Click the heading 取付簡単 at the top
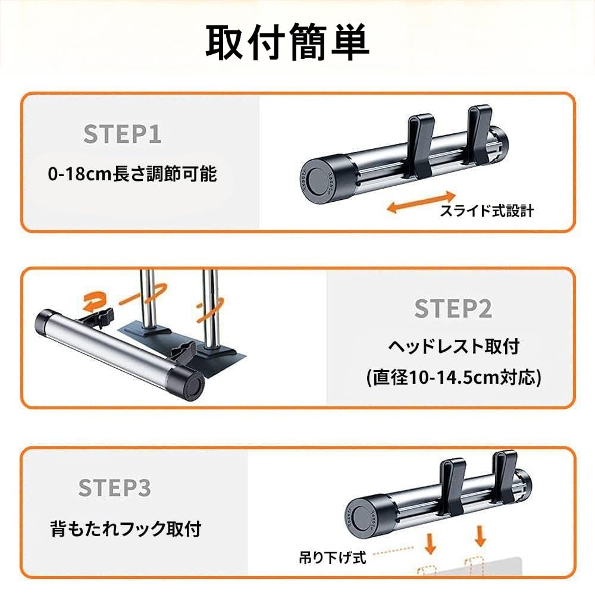pyautogui.click(x=287, y=42)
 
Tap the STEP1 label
pyautogui.click(x=122, y=134)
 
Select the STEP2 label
pyautogui.click(x=453, y=308)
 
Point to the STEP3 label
pyautogui.click(x=115, y=488)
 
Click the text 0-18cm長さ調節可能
pyautogui.click(x=133, y=174)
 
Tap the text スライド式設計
pyautogui.click(x=487, y=211)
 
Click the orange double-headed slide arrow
pyautogui.click(x=421, y=202)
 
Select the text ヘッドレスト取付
pyautogui.click(x=454, y=346)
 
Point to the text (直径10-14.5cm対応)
pyautogui.click(x=454, y=378)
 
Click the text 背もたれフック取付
pyautogui.click(x=126, y=528)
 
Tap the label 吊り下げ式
pyautogui.click(x=333, y=558)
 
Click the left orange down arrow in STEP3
pyautogui.click(x=430, y=544)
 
